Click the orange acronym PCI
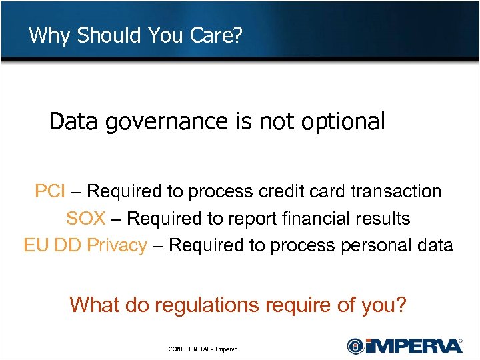[50, 192]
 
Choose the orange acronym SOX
[85, 219]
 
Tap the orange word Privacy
[117, 246]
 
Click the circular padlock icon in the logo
[355, 346]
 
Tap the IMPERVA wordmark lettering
[413, 346]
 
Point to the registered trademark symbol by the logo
[461, 339]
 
